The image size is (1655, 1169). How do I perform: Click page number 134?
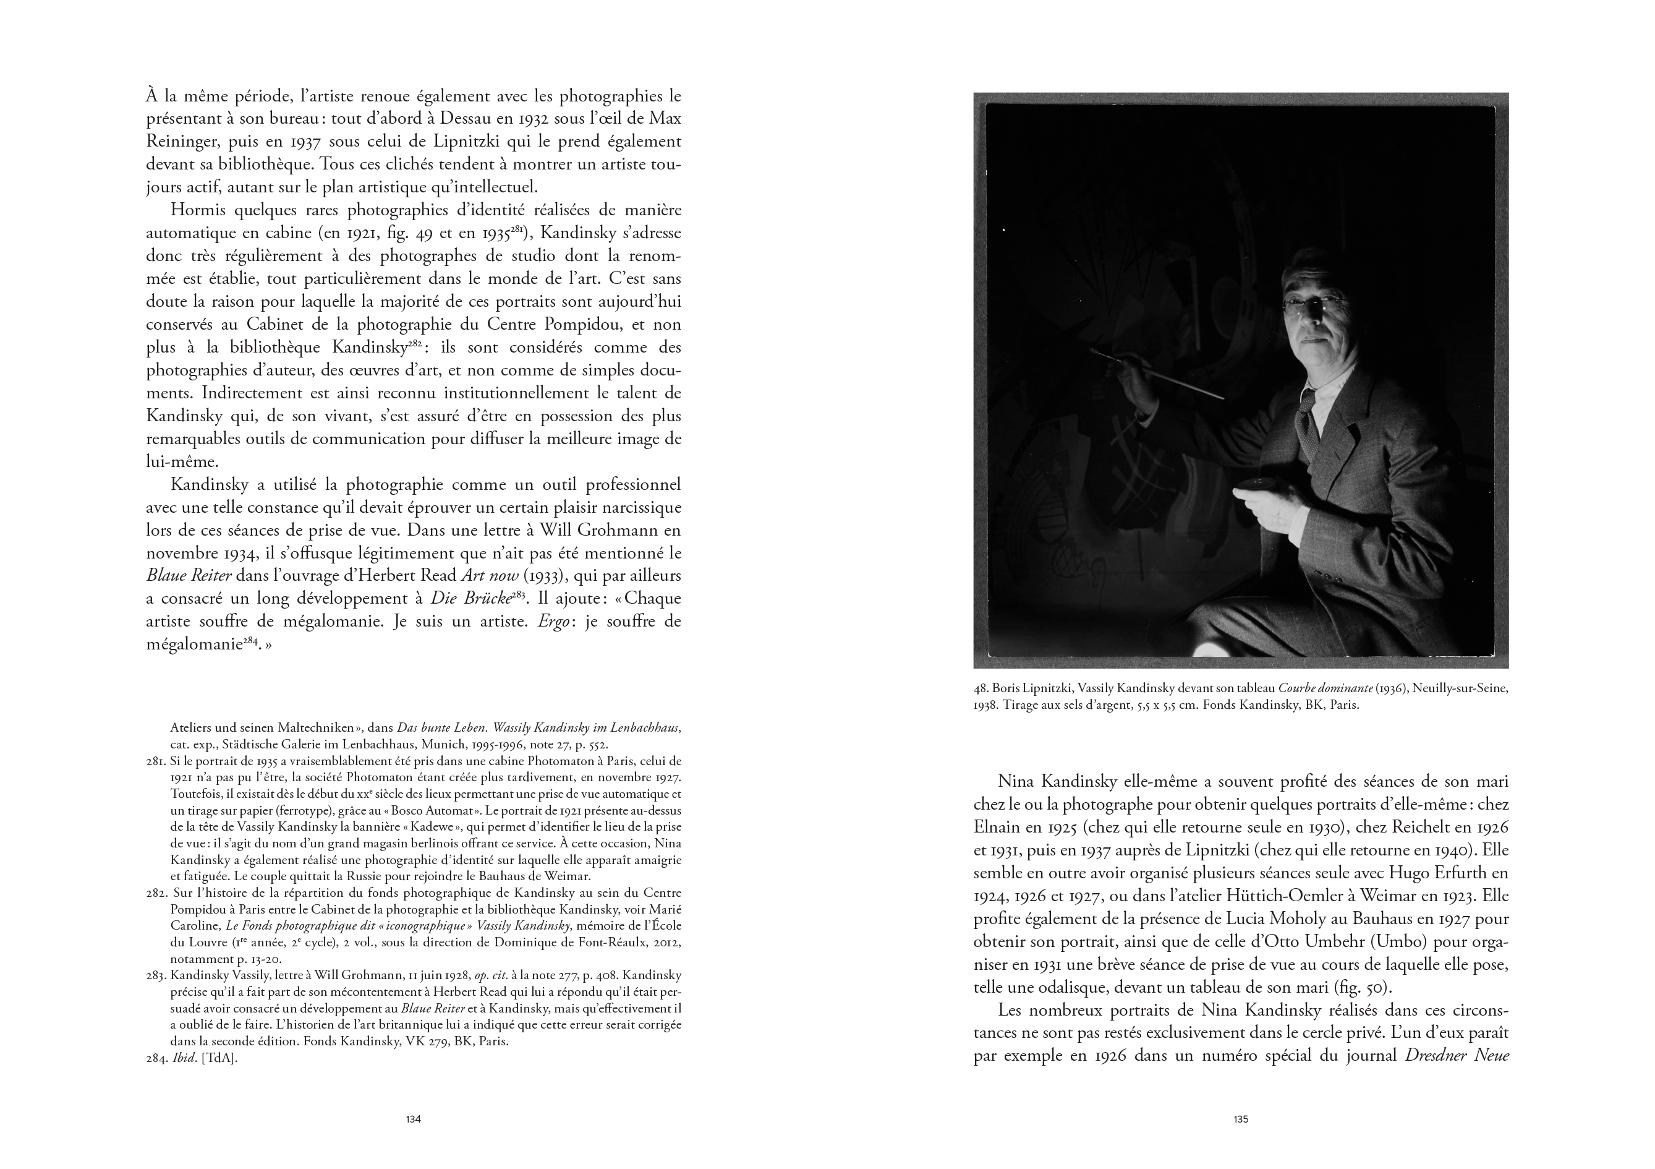[x=413, y=1120]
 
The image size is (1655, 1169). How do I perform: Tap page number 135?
[x=1241, y=1120]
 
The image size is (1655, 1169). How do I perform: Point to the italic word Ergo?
[x=551, y=622]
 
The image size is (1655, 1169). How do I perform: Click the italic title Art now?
[x=490, y=575]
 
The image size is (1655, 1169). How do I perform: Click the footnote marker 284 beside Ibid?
[x=157, y=1060]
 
